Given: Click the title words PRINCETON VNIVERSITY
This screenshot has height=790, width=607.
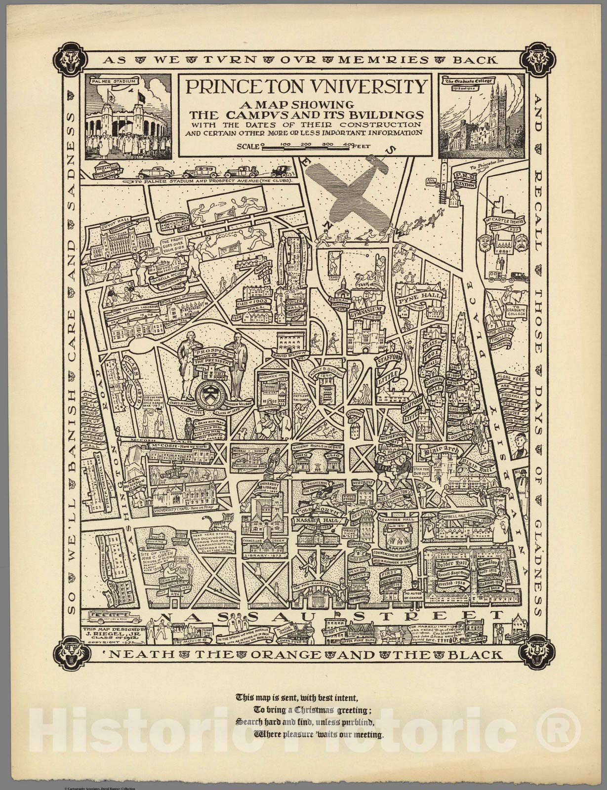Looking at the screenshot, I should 305,87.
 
